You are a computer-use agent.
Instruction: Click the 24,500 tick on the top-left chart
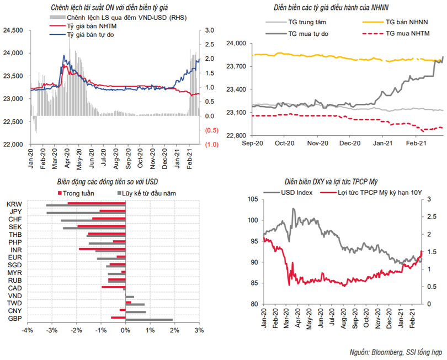pyautogui.click(x=12, y=30)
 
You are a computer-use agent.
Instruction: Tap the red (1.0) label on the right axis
pyautogui.click(x=212, y=144)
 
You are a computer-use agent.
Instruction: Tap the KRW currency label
pyautogui.click(x=14, y=204)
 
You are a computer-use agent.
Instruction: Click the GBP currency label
pyautogui.click(x=14, y=319)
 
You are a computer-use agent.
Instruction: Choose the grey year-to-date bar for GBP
pyautogui.click(x=149, y=320)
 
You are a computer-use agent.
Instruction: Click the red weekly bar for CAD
pyautogui.click(x=114, y=287)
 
